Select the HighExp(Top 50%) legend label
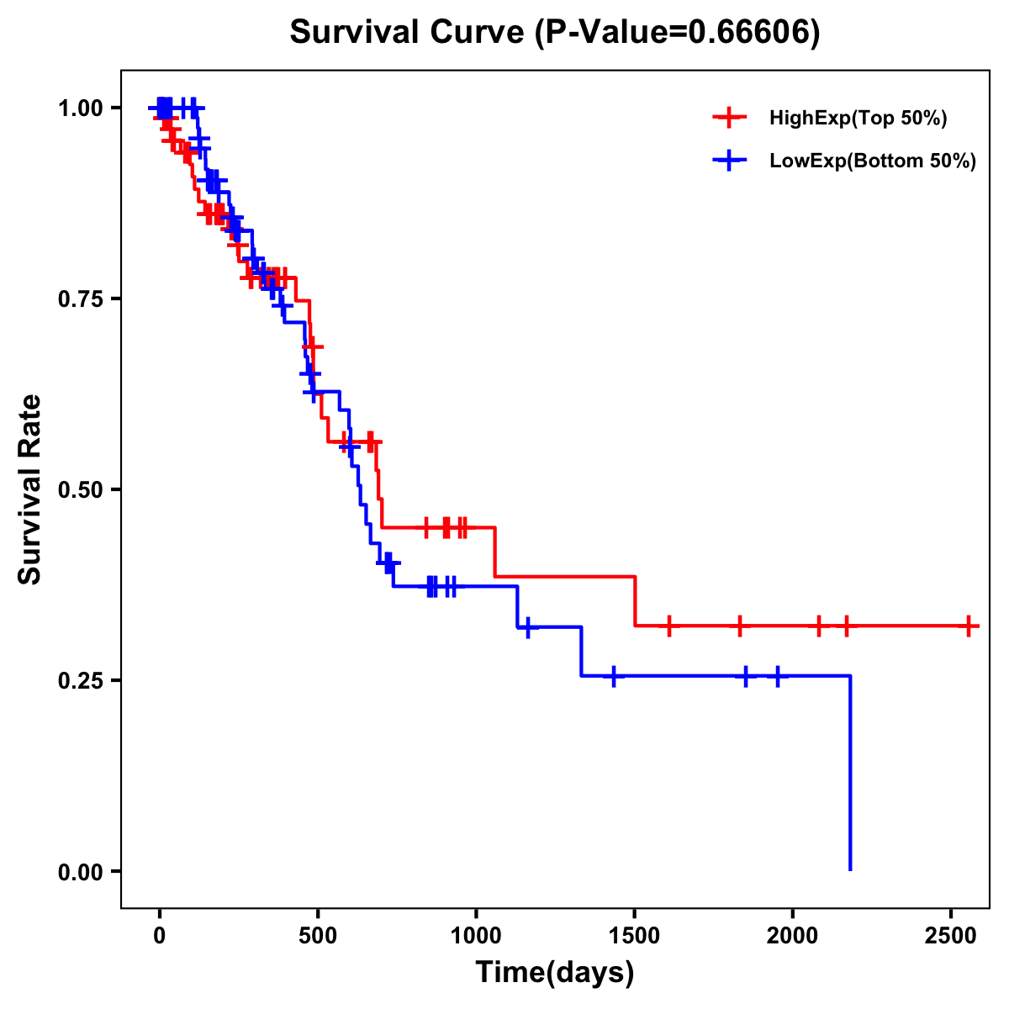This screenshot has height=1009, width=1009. [x=858, y=119]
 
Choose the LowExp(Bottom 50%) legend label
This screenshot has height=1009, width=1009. [x=873, y=161]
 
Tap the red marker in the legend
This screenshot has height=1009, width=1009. [x=730, y=119]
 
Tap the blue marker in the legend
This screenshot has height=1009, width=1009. [x=730, y=161]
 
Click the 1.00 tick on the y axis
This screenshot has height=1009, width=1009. [x=81, y=108]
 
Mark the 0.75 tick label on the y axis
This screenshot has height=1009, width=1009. [x=81, y=299]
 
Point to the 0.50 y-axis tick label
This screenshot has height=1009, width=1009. [x=81, y=490]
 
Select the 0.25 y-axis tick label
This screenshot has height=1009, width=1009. [x=81, y=681]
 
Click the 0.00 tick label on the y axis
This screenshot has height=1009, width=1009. [x=81, y=872]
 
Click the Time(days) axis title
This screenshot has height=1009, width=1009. [x=555, y=973]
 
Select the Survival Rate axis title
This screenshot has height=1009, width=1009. [x=30, y=489]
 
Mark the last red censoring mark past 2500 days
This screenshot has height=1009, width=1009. [x=969, y=626]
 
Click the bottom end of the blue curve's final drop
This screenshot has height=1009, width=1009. [x=850, y=869]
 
